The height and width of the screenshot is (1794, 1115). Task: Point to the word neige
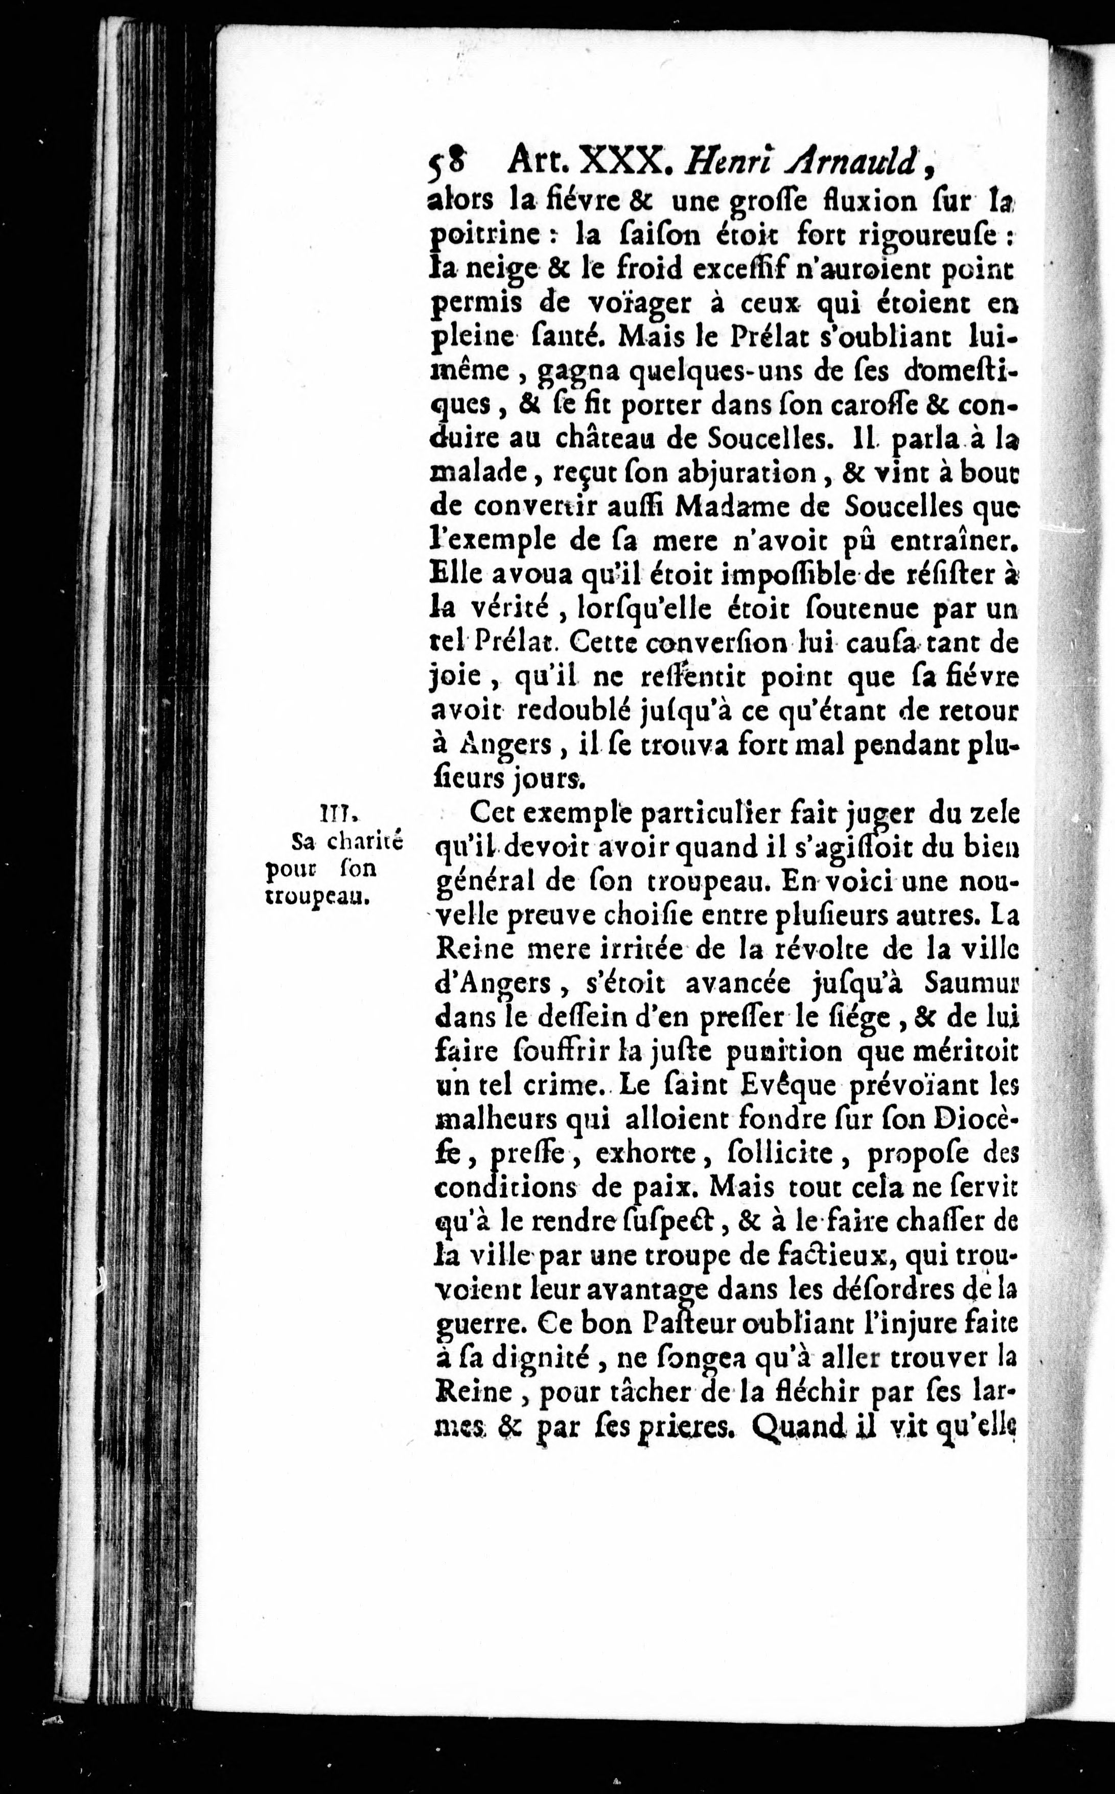click(493, 271)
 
